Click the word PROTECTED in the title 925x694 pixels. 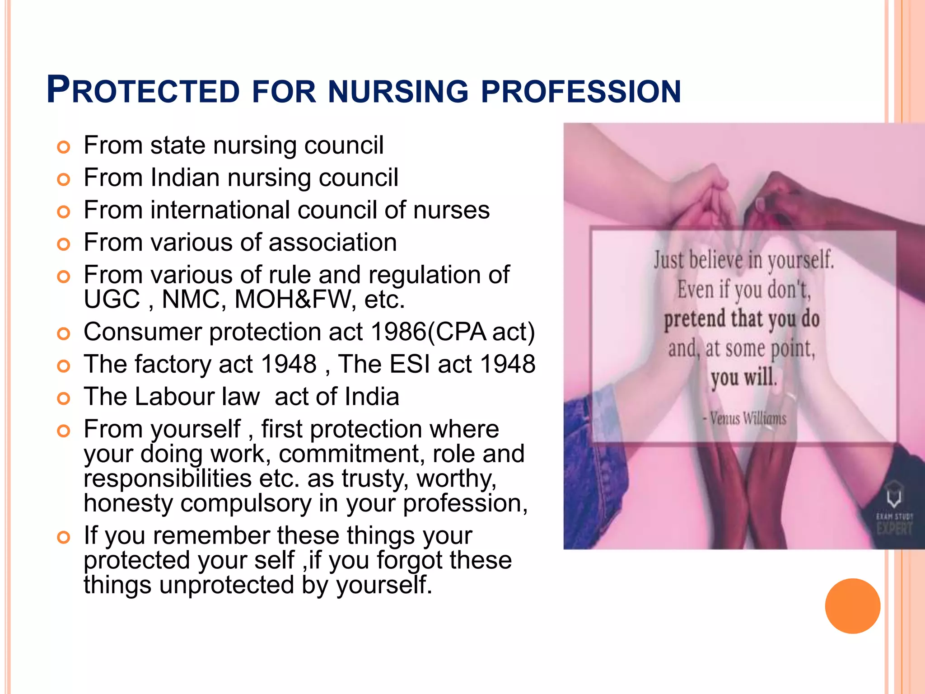[143, 90]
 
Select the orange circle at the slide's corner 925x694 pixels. [852, 606]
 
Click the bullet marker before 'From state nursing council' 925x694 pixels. [64, 147]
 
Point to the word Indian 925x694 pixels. [185, 177]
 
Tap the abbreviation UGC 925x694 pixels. [112, 299]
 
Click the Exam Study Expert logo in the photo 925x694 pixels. [894, 508]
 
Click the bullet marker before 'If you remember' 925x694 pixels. [64, 538]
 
